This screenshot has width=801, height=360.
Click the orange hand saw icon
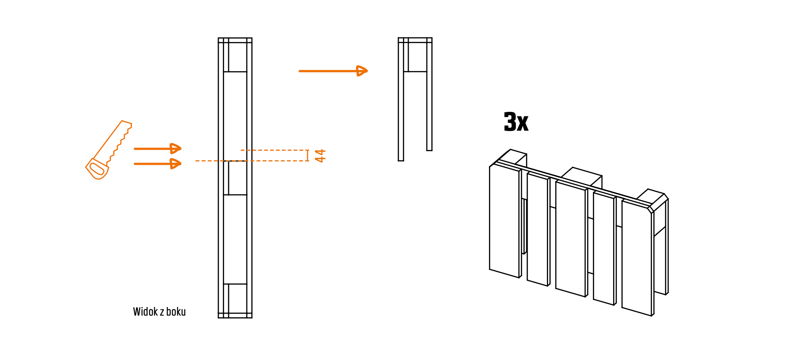click(108, 150)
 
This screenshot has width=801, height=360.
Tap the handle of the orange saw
click(97, 169)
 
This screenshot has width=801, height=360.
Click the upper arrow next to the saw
click(157, 148)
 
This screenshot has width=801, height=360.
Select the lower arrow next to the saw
click(157, 164)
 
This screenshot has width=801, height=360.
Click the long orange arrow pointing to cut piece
click(333, 71)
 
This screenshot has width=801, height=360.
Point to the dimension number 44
click(320, 156)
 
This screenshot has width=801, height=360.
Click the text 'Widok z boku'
click(159, 312)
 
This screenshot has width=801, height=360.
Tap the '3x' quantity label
click(516, 122)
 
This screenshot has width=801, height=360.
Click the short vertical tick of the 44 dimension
click(307, 155)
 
